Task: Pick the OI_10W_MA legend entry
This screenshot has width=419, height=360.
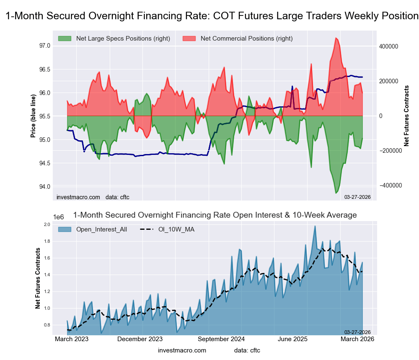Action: (176, 229)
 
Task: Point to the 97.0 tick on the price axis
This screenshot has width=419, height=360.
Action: (44, 45)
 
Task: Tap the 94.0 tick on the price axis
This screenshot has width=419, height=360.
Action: (44, 186)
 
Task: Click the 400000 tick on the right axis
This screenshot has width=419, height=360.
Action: (389, 46)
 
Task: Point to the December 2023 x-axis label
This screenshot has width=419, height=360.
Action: (140, 339)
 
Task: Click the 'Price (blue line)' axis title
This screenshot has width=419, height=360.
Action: (33, 116)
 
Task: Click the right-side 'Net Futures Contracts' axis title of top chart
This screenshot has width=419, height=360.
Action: (406, 116)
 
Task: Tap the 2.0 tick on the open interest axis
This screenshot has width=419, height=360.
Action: (47, 225)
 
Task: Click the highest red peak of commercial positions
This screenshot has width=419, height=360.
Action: (336, 38)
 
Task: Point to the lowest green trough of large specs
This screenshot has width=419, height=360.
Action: (336, 193)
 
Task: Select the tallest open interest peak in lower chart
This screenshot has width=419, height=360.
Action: (315, 226)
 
